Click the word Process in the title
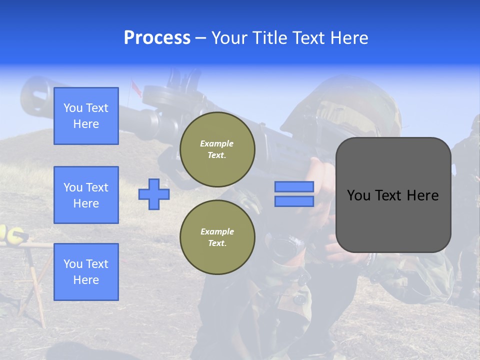click(x=157, y=38)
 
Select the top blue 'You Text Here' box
click(x=86, y=116)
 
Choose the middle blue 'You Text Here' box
click(x=86, y=195)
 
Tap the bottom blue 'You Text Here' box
click(x=86, y=272)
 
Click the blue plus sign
click(x=154, y=194)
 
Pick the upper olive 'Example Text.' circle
click(x=217, y=149)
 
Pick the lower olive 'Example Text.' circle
click(x=217, y=237)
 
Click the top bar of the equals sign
click(x=294, y=186)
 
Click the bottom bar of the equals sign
click(x=294, y=201)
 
